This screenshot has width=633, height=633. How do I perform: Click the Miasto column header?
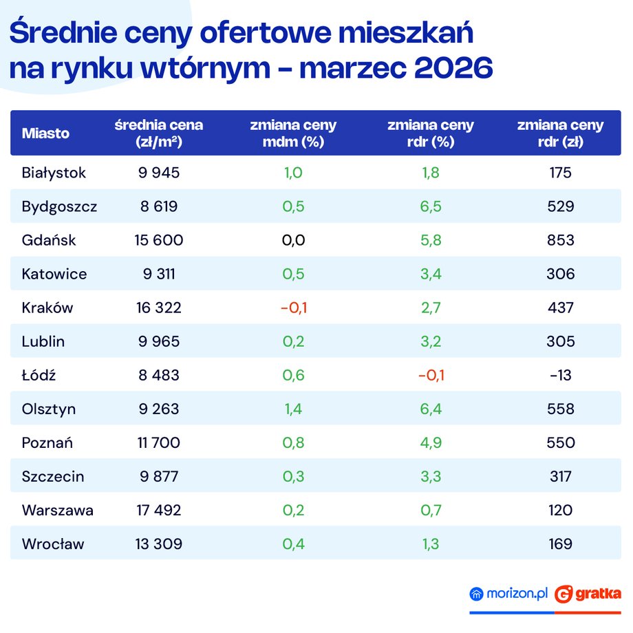(x=45, y=133)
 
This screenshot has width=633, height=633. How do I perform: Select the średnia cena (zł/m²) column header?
(x=159, y=133)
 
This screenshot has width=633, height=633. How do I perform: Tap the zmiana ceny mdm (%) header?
(x=293, y=133)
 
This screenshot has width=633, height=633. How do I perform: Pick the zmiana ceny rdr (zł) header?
(x=560, y=133)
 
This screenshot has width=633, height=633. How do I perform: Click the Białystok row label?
(x=54, y=173)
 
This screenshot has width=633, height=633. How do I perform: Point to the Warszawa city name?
(x=57, y=511)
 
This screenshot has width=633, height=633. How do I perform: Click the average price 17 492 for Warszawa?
(x=159, y=511)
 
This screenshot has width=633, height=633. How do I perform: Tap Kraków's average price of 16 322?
(x=159, y=308)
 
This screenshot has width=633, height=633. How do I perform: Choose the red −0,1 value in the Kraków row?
(x=293, y=308)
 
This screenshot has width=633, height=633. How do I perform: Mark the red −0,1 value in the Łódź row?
(x=431, y=376)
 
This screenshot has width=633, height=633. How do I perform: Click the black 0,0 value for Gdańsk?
(x=293, y=240)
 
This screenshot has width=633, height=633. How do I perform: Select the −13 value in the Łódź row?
(x=561, y=376)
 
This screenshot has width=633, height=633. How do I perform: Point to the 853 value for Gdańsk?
(x=561, y=240)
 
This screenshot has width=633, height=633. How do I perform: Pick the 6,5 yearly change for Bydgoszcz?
(x=431, y=206)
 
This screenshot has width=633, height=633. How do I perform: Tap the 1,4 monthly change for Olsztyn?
(x=293, y=409)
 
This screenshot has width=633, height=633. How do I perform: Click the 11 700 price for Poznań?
(x=159, y=443)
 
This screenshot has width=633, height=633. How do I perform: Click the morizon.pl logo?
(x=509, y=593)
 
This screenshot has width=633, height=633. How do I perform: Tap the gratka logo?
(x=588, y=593)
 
